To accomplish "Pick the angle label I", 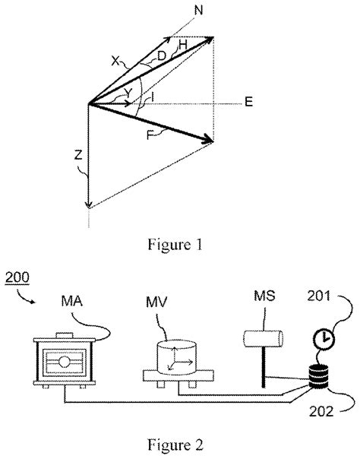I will coord(153,97).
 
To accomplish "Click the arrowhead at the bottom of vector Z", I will coord(90,203).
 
